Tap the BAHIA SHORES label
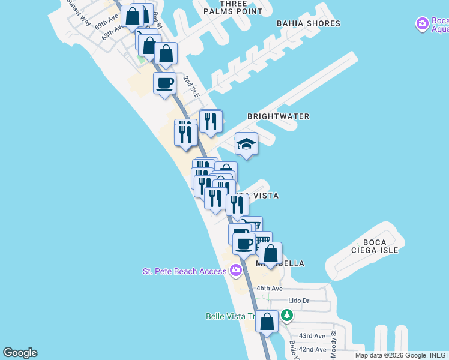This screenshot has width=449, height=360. (308, 23)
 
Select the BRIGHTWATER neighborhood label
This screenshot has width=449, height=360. (278, 116)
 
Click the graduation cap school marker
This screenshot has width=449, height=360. (246, 144)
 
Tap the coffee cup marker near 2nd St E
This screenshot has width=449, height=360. (164, 83)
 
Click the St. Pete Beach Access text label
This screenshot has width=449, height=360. (184, 271)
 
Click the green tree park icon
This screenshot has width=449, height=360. (287, 315)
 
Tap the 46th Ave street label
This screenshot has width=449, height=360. (270, 289)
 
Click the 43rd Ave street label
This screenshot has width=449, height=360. (312, 336)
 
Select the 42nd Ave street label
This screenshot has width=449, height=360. (312, 349)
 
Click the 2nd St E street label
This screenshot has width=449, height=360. (191, 88)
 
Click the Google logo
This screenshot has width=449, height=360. (20, 353)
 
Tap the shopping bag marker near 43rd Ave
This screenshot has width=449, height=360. (267, 322)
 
